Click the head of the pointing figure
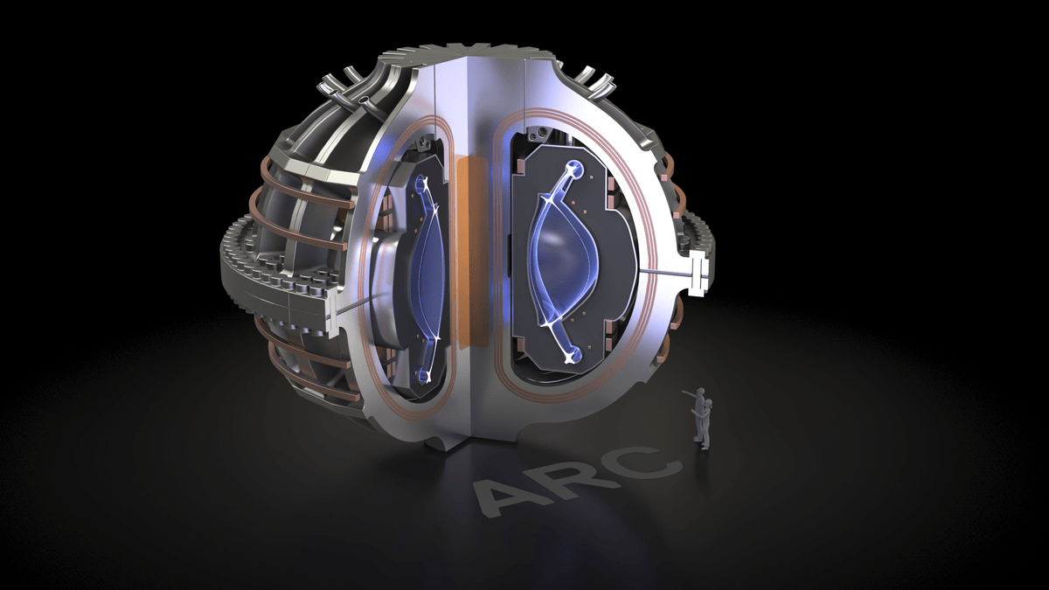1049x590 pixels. (x=701, y=392)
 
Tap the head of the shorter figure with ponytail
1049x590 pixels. (x=709, y=404)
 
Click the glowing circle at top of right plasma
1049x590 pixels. (x=576, y=169)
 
